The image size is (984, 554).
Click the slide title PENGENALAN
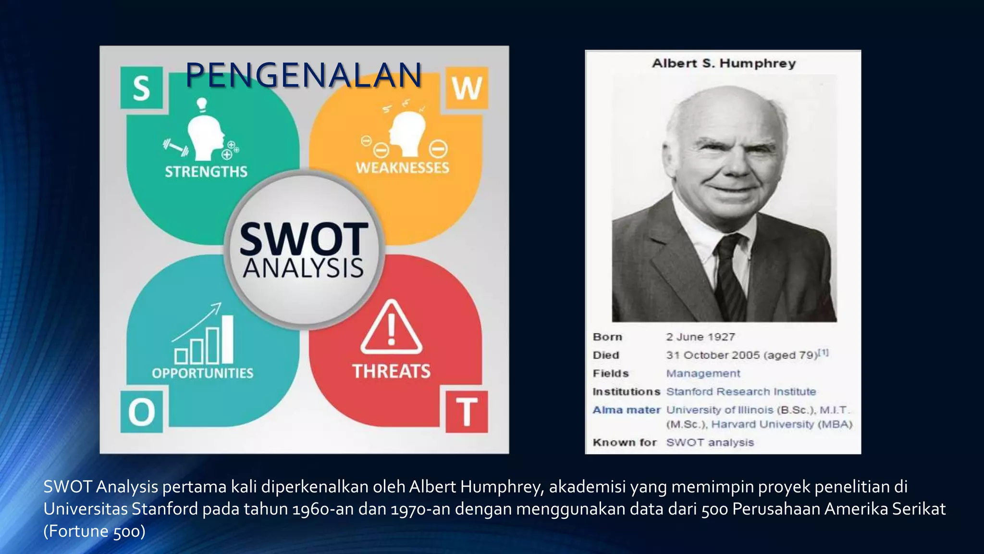[x=303, y=76]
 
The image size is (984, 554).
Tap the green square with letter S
[x=141, y=88]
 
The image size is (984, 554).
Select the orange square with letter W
[x=467, y=88]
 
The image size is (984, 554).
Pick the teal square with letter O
[x=141, y=412]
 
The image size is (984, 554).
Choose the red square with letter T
[x=467, y=412]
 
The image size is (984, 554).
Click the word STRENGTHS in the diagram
[x=206, y=172]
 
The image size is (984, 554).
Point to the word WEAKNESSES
[x=403, y=168]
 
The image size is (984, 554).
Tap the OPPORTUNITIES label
[x=202, y=373]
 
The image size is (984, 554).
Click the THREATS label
[x=392, y=371]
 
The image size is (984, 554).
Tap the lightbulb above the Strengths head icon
[x=202, y=103]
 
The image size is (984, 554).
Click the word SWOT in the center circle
[x=304, y=239]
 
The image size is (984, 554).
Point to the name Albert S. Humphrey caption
[x=724, y=63]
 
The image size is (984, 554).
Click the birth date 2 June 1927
[x=701, y=337]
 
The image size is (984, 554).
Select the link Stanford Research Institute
[x=741, y=392]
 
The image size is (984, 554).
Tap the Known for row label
[x=624, y=442]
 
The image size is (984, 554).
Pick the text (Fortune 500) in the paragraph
[x=94, y=531]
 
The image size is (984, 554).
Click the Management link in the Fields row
[x=703, y=374]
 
